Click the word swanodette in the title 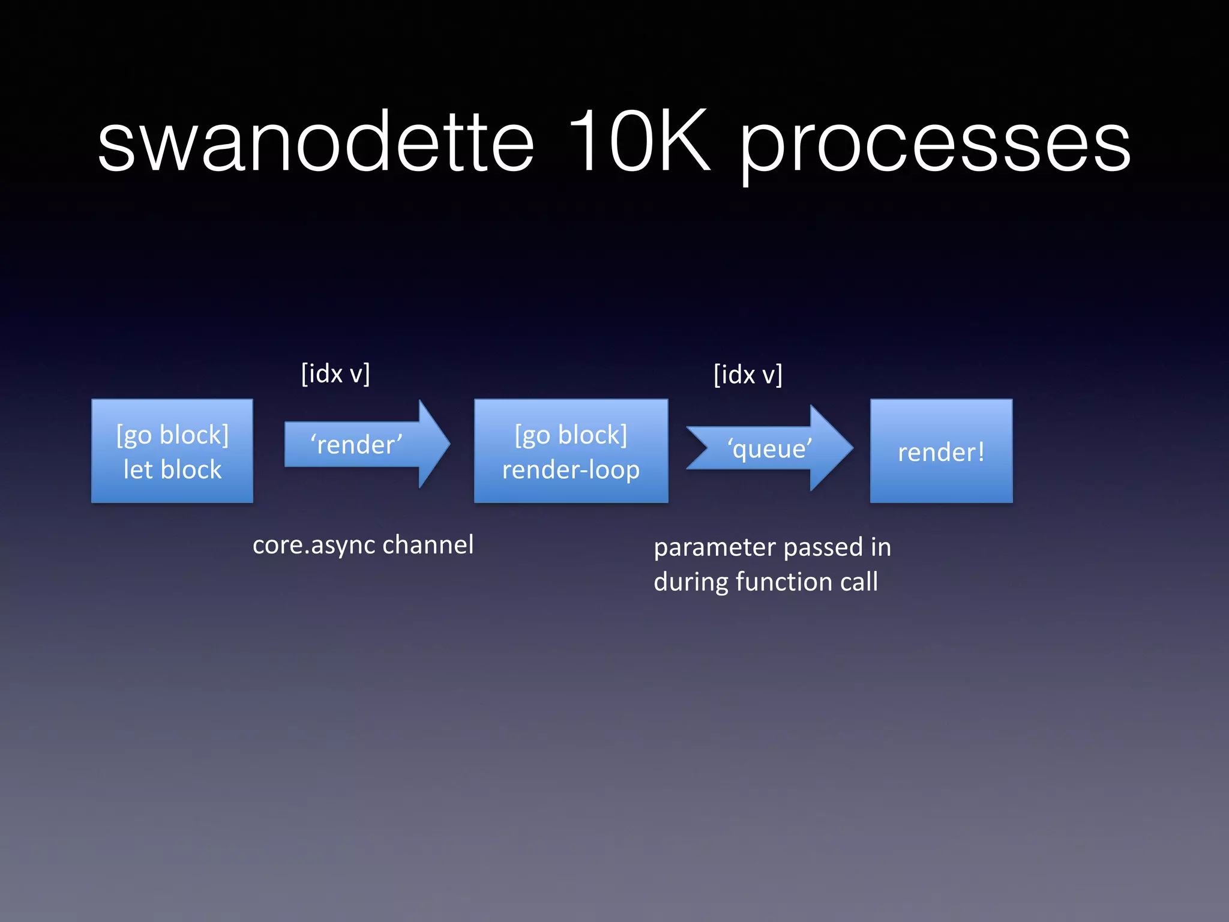coord(316,143)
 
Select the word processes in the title coord(935,147)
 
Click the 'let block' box coord(172,451)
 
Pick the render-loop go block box coord(571,451)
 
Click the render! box coord(941,451)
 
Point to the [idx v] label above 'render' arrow coord(335,373)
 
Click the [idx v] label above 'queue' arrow coord(748,375)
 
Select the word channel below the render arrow coord(428,544)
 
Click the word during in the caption coord(691,581)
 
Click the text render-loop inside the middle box coord(571,469)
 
